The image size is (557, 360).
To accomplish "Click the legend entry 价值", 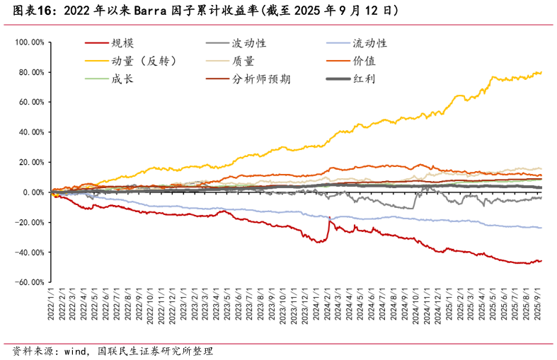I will tap(364, 62).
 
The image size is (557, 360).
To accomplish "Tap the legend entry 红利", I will tap(364, 79).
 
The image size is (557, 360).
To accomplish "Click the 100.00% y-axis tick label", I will tap(29, 42).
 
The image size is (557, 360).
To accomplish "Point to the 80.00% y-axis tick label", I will tap(31, 72).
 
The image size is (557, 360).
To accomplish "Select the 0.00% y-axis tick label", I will tap(33, 192).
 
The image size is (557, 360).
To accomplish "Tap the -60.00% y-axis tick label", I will tap(30, 282).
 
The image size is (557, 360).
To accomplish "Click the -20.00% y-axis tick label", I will tap(30, 222).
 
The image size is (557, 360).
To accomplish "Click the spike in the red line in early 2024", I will tap(329, 219).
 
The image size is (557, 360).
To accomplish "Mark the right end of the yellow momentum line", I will tap(542, 72).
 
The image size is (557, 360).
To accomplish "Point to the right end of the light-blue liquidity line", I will tap(542, 228).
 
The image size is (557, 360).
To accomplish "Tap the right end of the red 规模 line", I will tap(542, 261).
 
